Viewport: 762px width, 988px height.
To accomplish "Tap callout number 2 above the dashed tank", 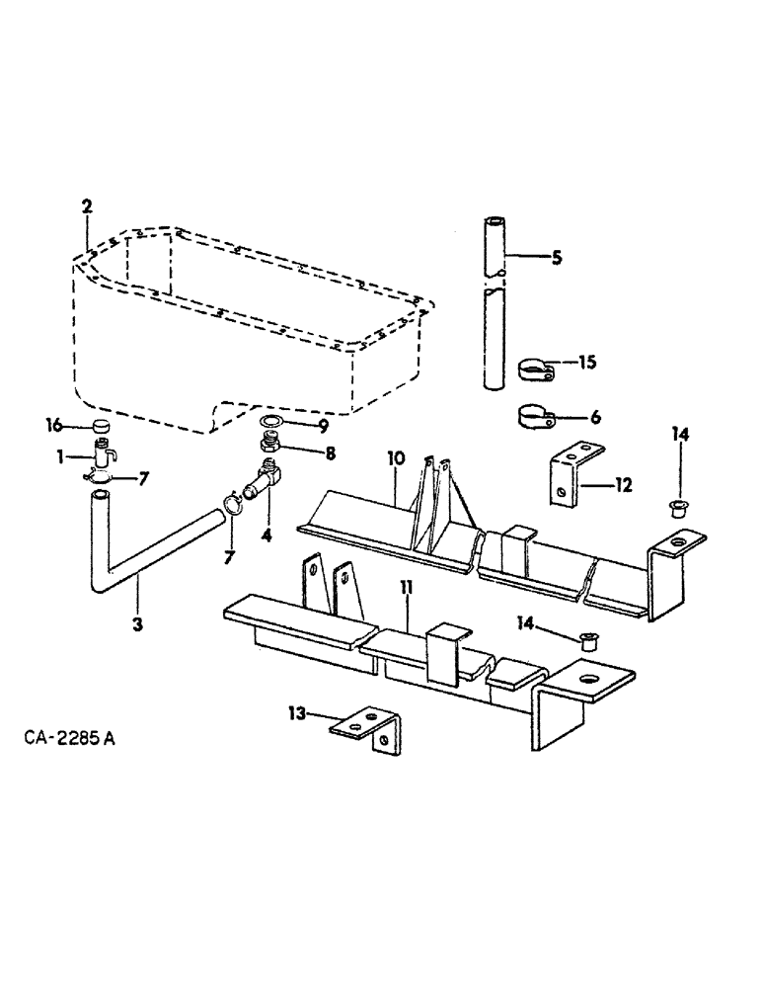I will (x=87, y=206).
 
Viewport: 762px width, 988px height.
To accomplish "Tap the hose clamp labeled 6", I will (x=537, y=416).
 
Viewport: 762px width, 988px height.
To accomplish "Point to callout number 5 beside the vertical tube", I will (x=556, y=258).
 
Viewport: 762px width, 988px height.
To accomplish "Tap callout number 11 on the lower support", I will (x=407, y=589).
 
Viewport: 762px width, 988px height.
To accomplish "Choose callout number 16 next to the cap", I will (x=56, y=425).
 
